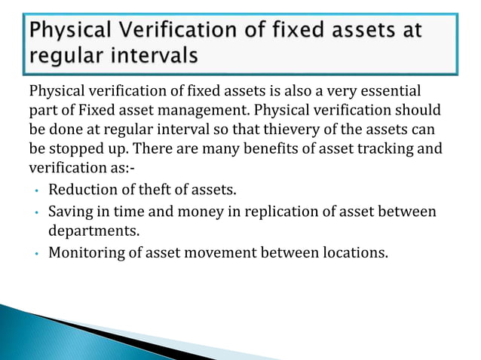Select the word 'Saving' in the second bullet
[69, 212]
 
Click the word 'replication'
[254, 212]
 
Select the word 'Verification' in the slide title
[161, 31]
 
